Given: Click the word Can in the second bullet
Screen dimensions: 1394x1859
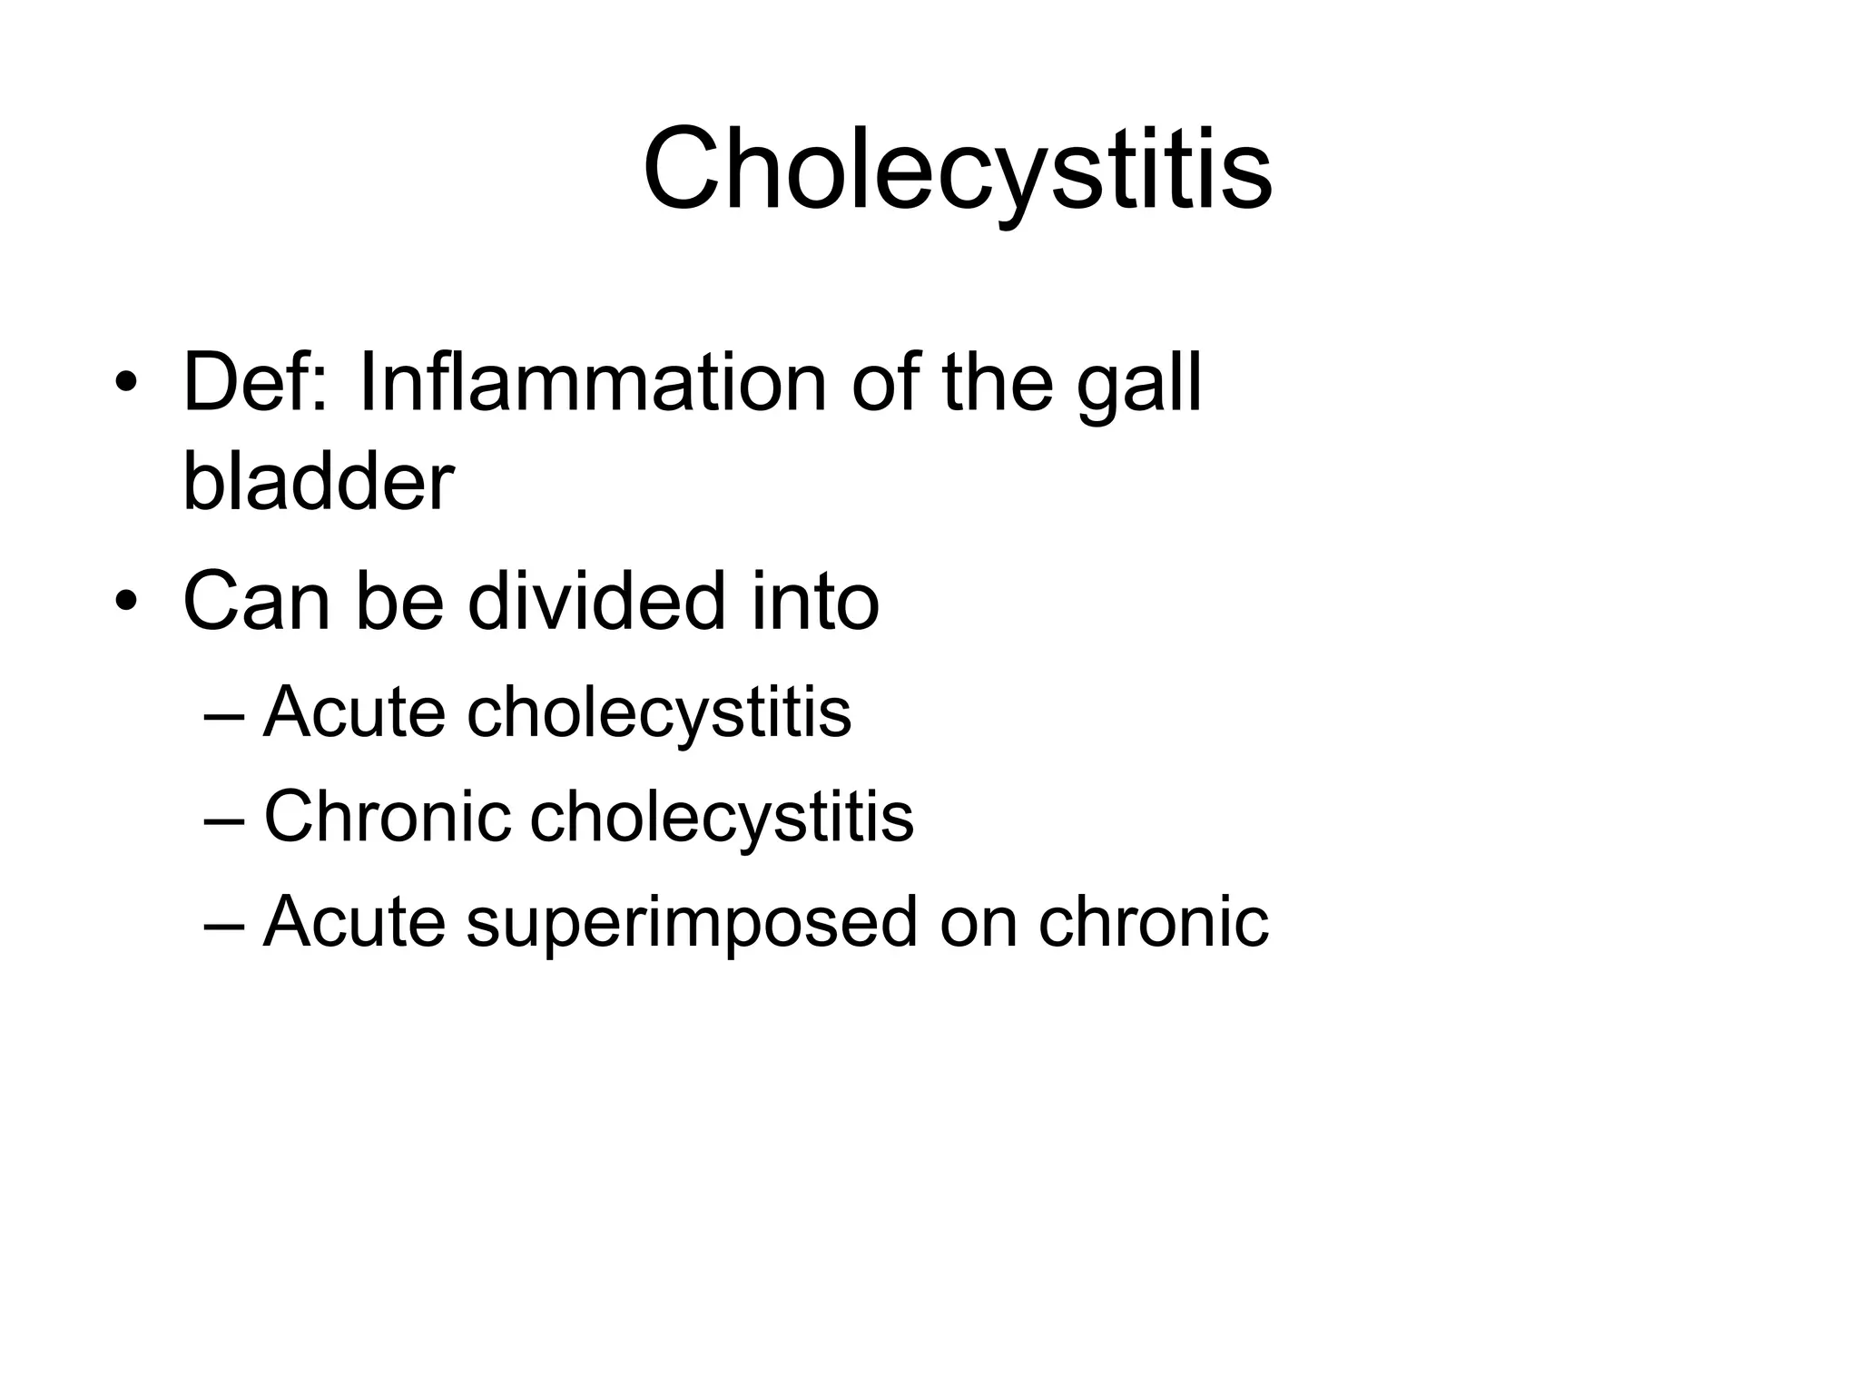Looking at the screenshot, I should [257, 602].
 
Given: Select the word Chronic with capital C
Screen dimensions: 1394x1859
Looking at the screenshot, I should [388, 816].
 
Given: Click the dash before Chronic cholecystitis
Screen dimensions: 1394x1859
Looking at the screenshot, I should [224, 818].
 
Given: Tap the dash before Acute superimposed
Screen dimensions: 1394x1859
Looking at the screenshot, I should [224, 923].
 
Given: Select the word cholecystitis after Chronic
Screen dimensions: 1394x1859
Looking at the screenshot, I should [722, 818].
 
